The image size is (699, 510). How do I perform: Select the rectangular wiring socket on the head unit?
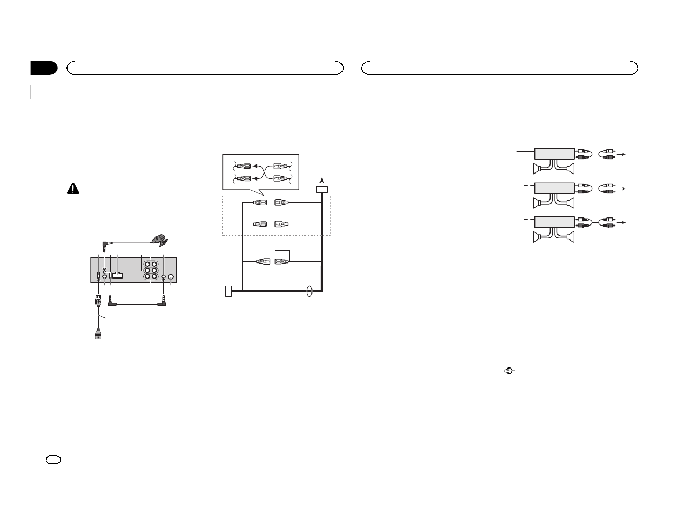(x=117, y=276)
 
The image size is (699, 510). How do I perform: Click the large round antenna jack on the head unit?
(x=171, y=277)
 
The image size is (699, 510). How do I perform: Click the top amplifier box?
(x=554, y=154)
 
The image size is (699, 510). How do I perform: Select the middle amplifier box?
(x=554, y=188)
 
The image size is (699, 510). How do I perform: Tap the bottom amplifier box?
(x=554, y=222)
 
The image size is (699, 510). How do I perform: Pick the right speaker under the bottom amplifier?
(x=570, y=237)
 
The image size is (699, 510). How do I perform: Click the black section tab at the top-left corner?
(x=43, y=68)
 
